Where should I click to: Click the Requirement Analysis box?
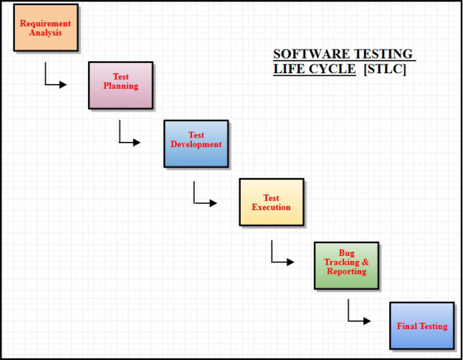[x=45, y=28]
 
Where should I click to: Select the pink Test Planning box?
[x=120, y=85]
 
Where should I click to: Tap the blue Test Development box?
[x=196, y=143]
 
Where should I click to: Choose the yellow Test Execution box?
[x=271, y=202]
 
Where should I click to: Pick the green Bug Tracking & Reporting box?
[x=346, y=265]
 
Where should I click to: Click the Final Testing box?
[x=421, y=326]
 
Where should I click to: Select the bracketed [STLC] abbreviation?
[x=385, y=70]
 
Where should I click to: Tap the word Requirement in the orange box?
[x=45, y=24]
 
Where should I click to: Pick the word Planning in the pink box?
[x=120, y=86]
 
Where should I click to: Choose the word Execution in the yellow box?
[x=271, y=207]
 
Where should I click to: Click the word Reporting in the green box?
[x=346, y=272]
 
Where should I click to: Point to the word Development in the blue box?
[x=196, y=144]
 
